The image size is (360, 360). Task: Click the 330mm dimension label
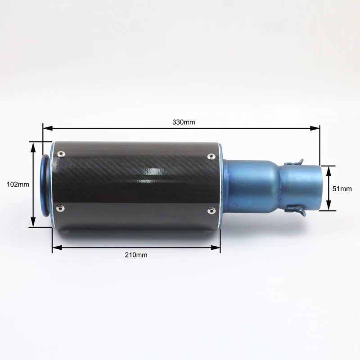184,122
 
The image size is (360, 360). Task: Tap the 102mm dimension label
18,184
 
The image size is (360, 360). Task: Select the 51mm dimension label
342,189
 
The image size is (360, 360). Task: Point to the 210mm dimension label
136,255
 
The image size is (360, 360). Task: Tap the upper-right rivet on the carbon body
211,157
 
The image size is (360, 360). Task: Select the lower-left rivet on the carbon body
60,208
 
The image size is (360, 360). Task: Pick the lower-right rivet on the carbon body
211,210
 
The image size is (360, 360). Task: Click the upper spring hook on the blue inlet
294,162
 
